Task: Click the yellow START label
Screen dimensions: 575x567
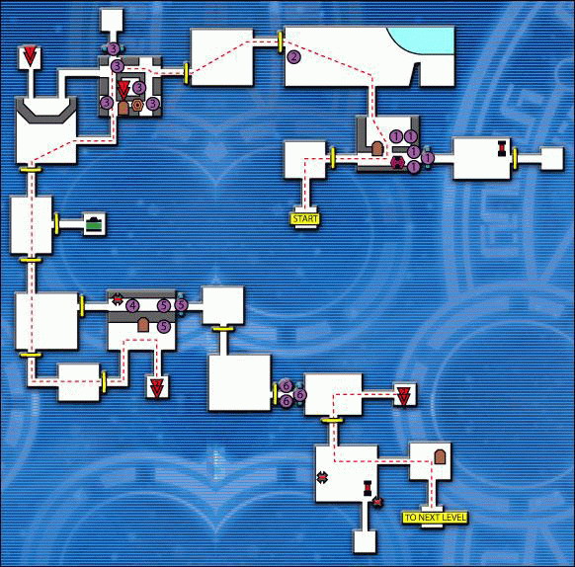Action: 305,219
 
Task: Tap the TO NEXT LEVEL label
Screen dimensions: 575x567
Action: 435,518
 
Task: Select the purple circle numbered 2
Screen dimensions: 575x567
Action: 293,57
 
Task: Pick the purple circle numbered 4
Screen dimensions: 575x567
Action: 132,305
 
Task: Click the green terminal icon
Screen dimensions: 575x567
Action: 95,224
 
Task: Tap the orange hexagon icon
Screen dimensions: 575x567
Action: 137,105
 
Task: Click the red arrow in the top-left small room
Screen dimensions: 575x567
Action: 30,55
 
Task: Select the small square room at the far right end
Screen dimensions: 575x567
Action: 552,158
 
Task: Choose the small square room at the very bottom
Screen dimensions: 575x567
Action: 365,541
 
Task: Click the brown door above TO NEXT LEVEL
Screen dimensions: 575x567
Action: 440,457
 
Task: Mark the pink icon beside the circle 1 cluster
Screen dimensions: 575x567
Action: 397,162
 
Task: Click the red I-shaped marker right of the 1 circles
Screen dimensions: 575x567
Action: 502,148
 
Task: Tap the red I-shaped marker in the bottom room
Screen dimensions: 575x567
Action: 368,488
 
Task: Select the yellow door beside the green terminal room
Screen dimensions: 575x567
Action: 57,224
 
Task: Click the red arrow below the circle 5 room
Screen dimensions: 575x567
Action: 157,389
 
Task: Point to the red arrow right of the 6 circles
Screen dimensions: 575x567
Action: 403,395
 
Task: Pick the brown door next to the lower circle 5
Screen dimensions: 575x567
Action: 143,325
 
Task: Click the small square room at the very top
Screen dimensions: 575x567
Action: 112,20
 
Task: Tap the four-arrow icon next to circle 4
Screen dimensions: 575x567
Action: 117,299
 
